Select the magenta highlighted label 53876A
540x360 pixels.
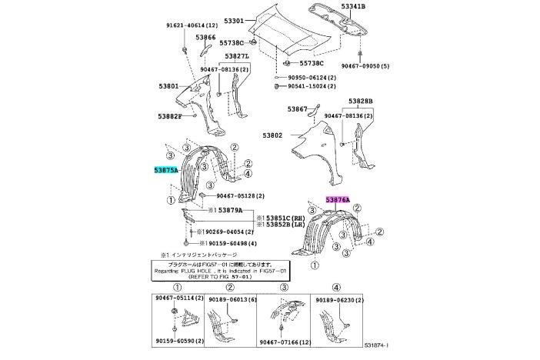click(337, 199)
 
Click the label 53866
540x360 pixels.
click(205, 37)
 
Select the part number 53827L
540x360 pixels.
click(237, 56)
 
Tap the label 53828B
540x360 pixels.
click(360, 101)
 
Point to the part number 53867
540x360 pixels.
click(298, 109)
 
